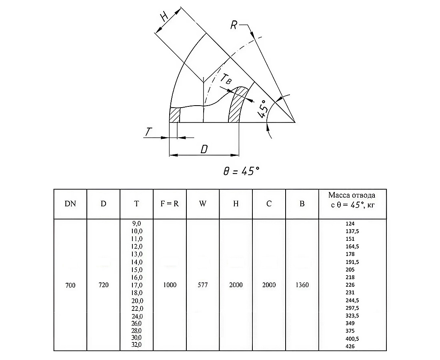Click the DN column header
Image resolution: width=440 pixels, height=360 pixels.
[70, 204]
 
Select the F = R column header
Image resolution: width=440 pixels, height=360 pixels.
[169, 204]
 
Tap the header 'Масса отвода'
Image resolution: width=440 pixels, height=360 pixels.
[352, 195]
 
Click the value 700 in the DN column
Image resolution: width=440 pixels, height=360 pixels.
[70, 285]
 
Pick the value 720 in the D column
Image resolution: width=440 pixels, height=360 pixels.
[103, 285]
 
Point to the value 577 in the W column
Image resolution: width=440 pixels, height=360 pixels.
[203, 285]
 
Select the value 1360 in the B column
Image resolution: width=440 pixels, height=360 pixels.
[302, 285]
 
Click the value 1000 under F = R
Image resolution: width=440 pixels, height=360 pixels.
[170, 285]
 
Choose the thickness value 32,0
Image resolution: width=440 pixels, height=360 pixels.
[136, 345]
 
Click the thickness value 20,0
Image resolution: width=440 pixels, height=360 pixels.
[136, 301]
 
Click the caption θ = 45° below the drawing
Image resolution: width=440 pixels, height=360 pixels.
[241, 171]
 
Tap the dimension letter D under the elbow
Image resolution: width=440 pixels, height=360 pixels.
[204, 149]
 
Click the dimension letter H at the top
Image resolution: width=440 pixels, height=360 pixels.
[164, 17]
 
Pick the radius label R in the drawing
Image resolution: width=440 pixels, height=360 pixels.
[235, 25]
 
